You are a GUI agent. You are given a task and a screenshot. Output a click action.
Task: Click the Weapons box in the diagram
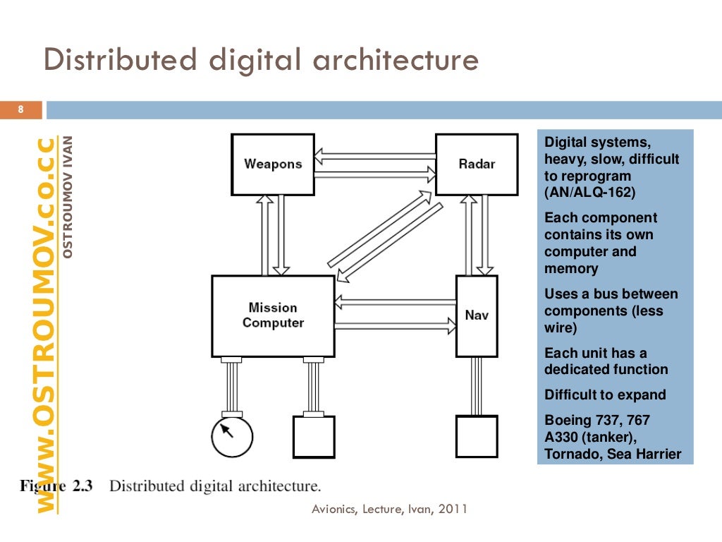click(273, 164)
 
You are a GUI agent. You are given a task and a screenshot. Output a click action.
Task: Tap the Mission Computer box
click(273, 315)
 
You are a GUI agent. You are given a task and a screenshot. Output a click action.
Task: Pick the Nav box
click(477, 315)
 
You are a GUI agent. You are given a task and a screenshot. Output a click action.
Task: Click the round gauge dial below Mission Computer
click(232, 437)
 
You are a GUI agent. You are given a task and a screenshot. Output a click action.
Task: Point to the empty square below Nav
click(477, 437)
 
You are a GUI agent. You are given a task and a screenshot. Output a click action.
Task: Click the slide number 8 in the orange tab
click(21, 109)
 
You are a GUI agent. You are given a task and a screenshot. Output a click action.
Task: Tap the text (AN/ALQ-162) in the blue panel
click(591, 193)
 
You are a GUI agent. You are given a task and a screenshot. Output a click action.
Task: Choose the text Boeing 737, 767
click(597, 421)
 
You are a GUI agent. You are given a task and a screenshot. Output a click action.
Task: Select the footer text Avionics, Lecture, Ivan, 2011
click(390, 509)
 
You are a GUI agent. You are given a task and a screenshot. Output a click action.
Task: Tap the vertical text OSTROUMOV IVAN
click(68, 195)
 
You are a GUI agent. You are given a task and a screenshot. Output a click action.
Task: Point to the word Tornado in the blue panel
click(572, 454)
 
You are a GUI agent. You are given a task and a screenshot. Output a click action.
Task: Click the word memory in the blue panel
click(571, 269)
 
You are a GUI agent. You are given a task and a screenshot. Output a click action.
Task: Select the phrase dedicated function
click(606, 369)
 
